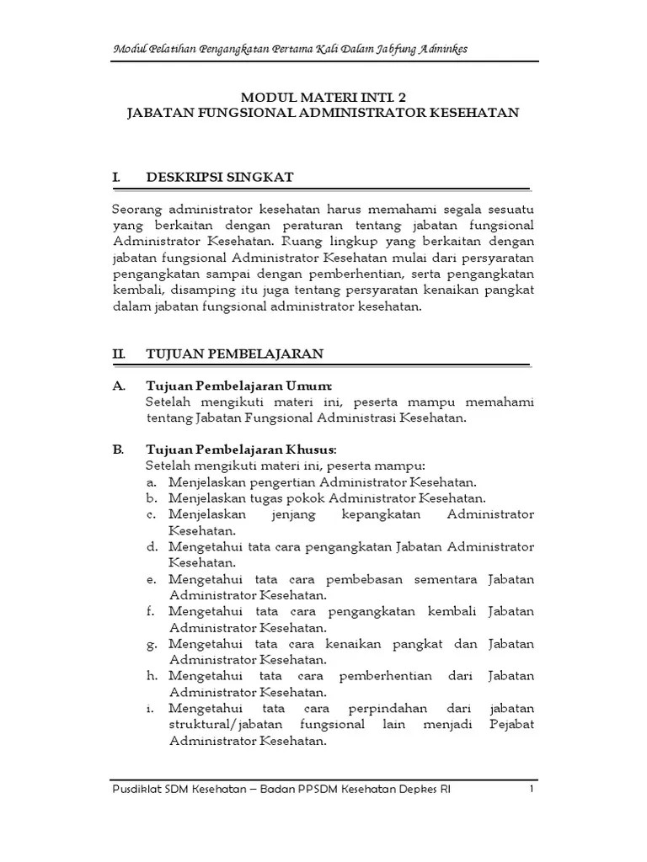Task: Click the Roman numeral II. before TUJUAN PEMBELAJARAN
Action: [x=119, y=354]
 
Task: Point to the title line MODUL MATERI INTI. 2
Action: [x=323, y=97]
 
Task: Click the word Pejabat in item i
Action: [x=511, y=724]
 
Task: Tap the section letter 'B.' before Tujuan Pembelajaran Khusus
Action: [x=118, y=450]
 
